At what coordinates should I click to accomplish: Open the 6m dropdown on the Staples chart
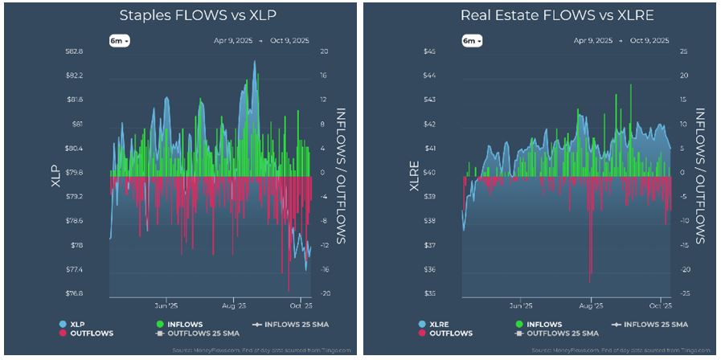coord(120,40)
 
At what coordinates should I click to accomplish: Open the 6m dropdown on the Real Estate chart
coord(471,40)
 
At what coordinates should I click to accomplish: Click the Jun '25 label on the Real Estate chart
coord(521,306)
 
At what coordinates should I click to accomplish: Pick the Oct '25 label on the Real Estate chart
coord(660,306)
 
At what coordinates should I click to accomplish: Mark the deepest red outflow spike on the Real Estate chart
coord(590,281)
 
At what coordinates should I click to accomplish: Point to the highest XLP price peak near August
coord(255,62)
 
